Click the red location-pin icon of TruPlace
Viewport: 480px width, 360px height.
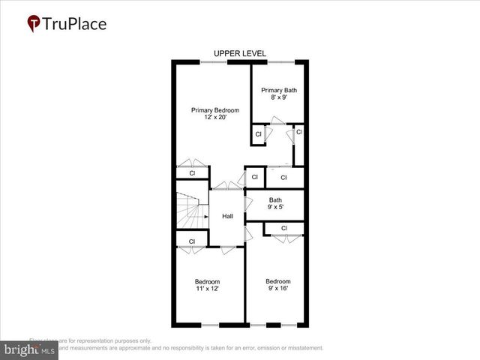point(34,23)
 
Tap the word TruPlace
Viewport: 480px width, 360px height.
point(74,23)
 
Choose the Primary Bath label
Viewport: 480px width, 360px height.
point(279,91)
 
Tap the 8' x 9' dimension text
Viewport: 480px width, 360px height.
point(279,97)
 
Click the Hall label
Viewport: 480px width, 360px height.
point(227,216)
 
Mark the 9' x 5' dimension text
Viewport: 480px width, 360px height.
point(275,208)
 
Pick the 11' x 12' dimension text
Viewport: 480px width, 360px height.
point(207,288)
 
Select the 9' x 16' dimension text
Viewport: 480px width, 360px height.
point(277,288)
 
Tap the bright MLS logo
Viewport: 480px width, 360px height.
point(30,349)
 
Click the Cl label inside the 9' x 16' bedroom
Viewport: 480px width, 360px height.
point(284,228)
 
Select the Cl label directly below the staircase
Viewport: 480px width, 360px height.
point(192,241)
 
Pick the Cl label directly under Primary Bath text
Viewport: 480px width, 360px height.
point(258,134)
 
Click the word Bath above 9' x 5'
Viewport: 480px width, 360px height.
point(275,200)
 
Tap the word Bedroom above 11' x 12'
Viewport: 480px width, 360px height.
point(207,281)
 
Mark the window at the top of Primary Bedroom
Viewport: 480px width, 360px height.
point(214,61)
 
